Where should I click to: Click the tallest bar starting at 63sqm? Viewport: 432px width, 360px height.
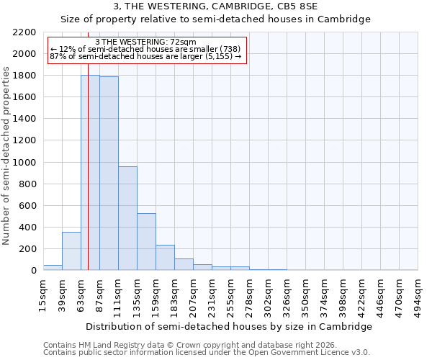coord(90,173)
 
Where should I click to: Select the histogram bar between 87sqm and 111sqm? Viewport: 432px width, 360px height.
coord(109,174)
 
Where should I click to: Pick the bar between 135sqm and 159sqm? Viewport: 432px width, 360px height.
coord(146,242)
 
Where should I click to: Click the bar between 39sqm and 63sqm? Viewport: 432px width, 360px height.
coord(71,251)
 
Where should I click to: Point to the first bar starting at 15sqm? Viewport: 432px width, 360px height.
coord(53,268)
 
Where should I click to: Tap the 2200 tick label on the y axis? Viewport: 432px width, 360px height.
coord(24,32)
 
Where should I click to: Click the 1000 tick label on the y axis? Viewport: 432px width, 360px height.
coord(24,163)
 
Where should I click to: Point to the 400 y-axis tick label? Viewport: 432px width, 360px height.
coord(27,228)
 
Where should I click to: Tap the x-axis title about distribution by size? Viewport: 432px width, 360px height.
coord(230,326)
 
